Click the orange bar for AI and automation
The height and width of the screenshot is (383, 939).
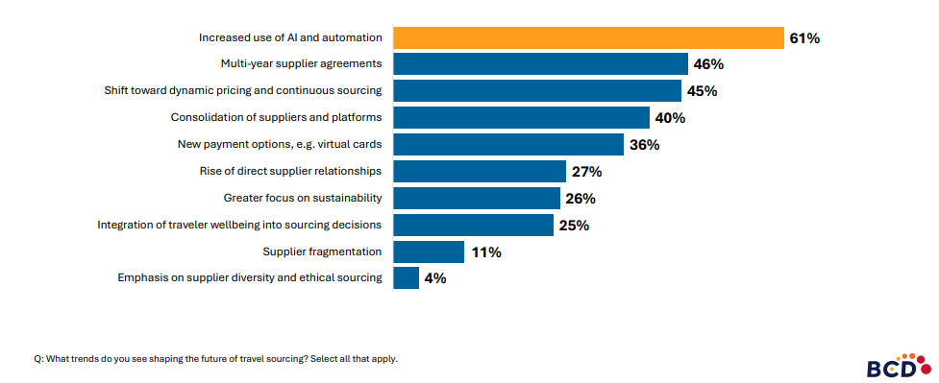(x=588, y=37)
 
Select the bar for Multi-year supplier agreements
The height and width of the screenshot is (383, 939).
(x=540, y=64)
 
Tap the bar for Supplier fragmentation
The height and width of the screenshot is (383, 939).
(x=429, y=251)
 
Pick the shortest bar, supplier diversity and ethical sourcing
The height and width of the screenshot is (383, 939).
(x=406, y=278)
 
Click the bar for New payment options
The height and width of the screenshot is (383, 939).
(x=508, y=145)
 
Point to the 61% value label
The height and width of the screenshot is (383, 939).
(x=804, y=38)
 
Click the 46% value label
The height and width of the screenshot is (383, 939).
(x=708, y=65)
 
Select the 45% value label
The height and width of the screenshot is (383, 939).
(x=702, y=91)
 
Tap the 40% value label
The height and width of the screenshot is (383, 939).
(x=670, y=118)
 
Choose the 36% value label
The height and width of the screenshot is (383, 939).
(x=644, y=145)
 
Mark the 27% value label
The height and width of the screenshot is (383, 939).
(x=586, y=172)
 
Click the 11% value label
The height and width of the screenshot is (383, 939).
(x=486, y=252)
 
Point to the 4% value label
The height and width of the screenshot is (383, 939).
(x=434, y=278)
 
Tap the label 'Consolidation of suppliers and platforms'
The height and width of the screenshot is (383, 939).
(x=277, y=117)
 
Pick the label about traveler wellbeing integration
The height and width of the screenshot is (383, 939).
(x=240, y=225)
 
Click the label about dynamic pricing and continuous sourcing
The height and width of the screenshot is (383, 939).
(x=243, y=90)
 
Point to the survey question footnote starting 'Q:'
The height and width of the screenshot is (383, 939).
(x=215, y=358)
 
